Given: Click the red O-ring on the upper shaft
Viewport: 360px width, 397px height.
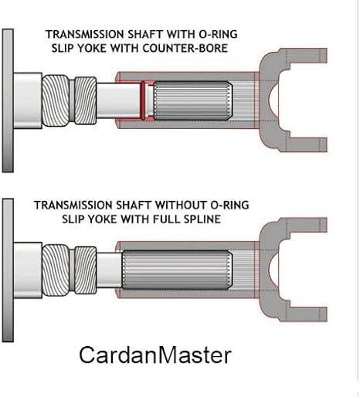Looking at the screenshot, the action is click(x=143, y=100).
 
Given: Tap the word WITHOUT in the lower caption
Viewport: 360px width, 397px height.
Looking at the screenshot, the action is click(x=181, y=205).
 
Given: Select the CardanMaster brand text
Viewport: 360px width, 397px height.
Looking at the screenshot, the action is click(x=155, y=355).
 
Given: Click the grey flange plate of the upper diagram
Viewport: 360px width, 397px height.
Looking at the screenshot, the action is click(x=8, y=100).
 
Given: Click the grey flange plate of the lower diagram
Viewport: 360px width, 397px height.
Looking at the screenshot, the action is click(x=8, y=270).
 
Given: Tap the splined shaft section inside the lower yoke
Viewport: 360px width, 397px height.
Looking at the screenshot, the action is click(x=177, y=270).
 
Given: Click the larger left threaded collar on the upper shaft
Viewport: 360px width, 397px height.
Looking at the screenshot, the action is click(x=56, y=100).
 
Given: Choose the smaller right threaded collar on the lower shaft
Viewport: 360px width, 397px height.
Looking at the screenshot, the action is click(x=86, y=270).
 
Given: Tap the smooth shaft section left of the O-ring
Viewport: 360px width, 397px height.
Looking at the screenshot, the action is click(x=118, y=100).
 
